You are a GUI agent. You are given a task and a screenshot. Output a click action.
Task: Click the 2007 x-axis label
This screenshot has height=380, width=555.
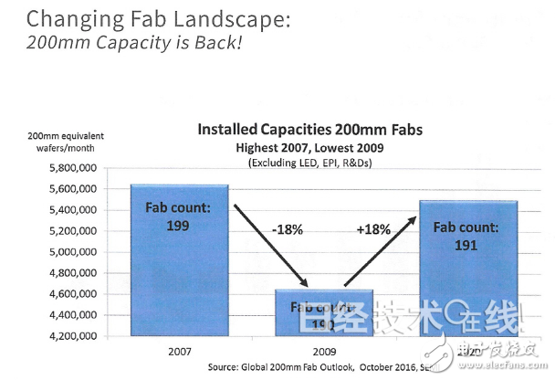click(179, 351)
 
